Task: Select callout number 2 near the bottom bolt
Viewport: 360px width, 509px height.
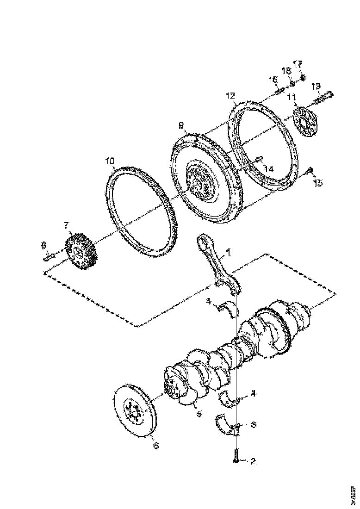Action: pos(253,461)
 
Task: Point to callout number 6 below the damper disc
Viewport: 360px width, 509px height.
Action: pos(155,446)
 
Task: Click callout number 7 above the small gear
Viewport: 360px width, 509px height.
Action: pos(66,225)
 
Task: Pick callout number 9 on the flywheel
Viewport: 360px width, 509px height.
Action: pos(181,125)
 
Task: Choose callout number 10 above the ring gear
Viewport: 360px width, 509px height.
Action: pos(109,161)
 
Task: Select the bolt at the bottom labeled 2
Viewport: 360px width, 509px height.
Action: pos(236,454)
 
